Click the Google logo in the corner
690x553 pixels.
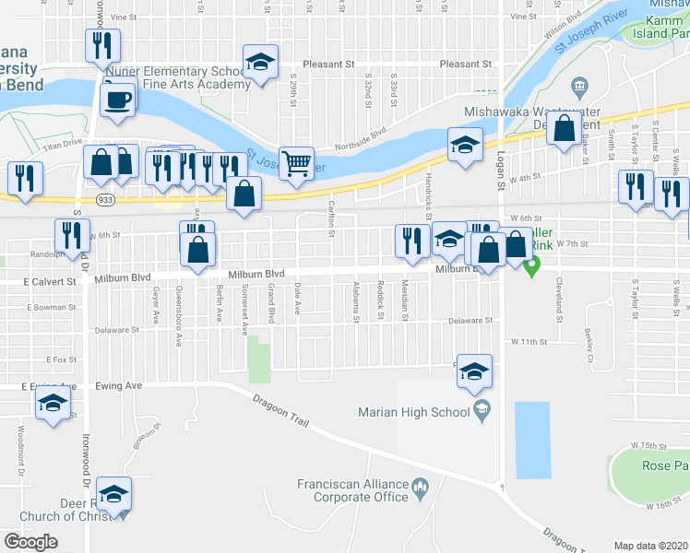[30, 541]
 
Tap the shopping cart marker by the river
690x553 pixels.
[296, 164]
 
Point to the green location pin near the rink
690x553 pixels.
[531, 267]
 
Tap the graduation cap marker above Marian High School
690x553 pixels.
[474, 371]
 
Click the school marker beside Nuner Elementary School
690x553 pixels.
[260, 63]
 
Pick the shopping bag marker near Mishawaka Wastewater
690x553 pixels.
[564, 128]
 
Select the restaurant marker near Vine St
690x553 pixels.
[102, 45]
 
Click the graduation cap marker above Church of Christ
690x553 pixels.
[114, 494]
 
